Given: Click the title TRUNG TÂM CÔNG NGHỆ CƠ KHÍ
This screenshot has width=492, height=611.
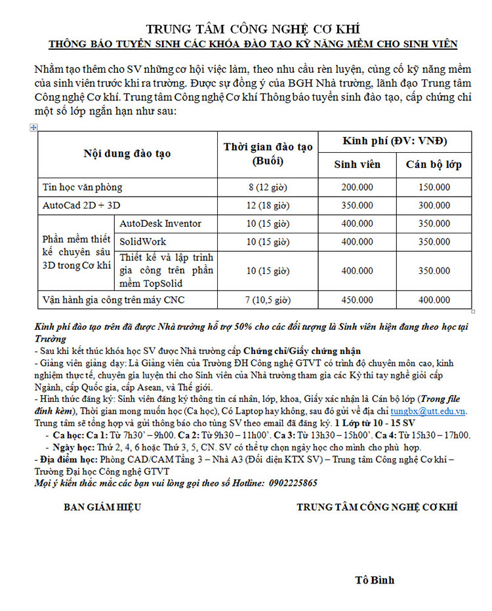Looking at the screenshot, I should [253, 30].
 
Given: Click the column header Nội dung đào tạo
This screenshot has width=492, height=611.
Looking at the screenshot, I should [127, 153].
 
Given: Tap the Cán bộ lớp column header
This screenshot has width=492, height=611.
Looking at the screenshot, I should [434, 164].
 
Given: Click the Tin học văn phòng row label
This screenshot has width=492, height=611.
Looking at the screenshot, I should [83, 187].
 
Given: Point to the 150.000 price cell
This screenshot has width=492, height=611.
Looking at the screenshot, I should [434, 187].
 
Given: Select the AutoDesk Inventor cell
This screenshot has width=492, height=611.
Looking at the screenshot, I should [160, 224].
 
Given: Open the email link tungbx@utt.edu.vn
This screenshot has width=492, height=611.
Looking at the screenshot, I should [429, 411].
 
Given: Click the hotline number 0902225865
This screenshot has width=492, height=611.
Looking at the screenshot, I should [290, 483].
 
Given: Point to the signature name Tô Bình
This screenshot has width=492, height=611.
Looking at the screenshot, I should [375, 580].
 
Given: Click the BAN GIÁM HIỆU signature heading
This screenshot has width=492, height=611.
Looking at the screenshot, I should [102, 507].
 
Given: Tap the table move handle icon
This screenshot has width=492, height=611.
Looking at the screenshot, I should [33, 127].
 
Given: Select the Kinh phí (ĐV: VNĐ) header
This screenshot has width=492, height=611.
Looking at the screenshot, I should [395, 142].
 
